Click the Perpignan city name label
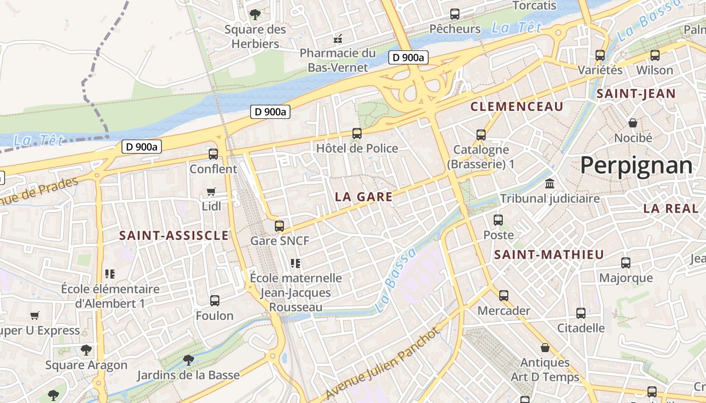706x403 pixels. pyautogui.click(x=636, y=166)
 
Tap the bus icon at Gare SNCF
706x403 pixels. pyautogui.click(x=279, y=226)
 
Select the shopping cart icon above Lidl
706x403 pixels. pyautogui.click(x=211, y=192)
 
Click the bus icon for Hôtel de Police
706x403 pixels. pyautogui.click(x=357, y=133)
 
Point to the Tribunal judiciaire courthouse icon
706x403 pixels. pyautogui.click(x=550, y=183)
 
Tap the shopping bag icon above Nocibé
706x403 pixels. pyautogui.click(x=632, y=123)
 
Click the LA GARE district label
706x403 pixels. pyautogui.click(x=364, y=197)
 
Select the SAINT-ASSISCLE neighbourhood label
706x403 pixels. pyautogui.click(x=174, y=235)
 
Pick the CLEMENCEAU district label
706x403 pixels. pyautogui.click(x=516, y=106)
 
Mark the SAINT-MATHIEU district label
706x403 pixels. pyautogui.click(x=549, y=255)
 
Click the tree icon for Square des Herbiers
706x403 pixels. pyautogui.click(x=255, y=14)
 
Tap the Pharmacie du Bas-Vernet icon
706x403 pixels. pyautogui.click(x=338, y=38)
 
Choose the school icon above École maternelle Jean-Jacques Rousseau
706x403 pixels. pyautogui.click(x=296, y=263)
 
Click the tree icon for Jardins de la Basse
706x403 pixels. pyautogui.click(x=189, y=360)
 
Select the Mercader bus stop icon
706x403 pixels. pyautogui.click(x=503, y=296)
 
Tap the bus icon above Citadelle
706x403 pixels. pyautogui.click(x=581, y=313)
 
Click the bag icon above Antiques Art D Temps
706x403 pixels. pyautogui.click(x=545, y=348)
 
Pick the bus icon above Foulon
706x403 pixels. pyautogui.click(x=215, y=301)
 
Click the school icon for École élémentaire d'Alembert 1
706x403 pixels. pyautogui.click(x=110, y=274)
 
